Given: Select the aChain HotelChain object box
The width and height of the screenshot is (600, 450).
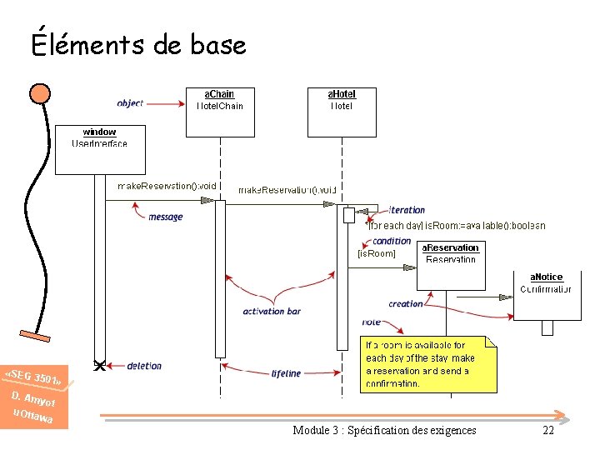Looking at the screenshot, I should coord(219,112).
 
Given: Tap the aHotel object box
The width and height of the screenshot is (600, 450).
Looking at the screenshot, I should coord(342,112).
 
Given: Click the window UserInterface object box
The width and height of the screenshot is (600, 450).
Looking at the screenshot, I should coord(100,149).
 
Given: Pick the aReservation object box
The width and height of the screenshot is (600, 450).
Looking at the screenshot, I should coord(450,265).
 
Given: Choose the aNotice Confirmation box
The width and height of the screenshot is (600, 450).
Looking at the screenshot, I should coord(546,294).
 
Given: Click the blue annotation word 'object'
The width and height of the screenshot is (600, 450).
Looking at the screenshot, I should coord(130,103).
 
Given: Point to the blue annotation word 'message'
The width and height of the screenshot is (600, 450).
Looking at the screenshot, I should coord(165,217).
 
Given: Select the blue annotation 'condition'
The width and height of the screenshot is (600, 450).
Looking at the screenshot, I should coord(392,242).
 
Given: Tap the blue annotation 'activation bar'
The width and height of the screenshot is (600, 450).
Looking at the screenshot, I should coord(272,312).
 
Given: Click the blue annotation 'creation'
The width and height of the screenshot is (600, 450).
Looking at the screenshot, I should coord(406,304).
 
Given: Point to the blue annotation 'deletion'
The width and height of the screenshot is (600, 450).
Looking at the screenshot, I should coord(144,366).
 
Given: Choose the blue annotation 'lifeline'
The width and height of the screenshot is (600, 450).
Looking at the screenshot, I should coord(286,373).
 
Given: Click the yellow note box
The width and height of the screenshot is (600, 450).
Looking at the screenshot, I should coord(429,364).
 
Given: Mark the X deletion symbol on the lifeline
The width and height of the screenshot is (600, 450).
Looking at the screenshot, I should coord(99,365).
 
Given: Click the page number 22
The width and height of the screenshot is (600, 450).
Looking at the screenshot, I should coord(547,430).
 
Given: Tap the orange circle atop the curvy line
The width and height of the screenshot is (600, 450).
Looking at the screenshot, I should coord(39,93).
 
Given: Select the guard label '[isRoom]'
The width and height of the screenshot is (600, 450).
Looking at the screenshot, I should coord(376,252).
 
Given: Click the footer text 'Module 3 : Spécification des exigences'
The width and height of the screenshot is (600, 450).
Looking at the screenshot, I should coord(384,430).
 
